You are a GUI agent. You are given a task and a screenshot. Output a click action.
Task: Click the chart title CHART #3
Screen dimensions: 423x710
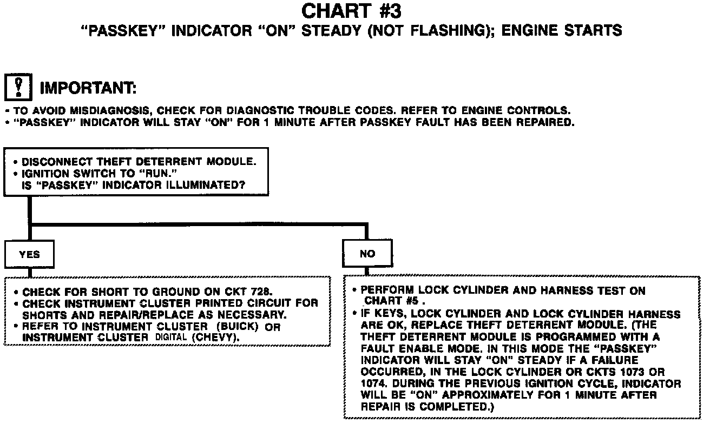[351, 11]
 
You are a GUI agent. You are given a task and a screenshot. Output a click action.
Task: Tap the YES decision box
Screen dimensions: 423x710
[29, 254]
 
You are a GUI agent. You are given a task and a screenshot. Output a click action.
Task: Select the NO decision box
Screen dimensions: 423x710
[367, 254]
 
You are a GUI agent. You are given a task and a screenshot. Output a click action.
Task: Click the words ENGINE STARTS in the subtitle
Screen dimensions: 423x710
[562, 30]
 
